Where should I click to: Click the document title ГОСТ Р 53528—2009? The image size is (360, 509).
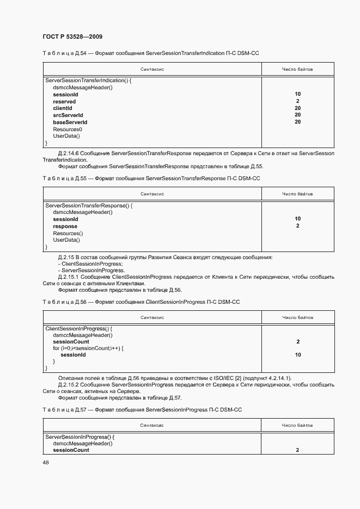pos(72,36)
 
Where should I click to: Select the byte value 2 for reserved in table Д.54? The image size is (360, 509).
pos(297,101)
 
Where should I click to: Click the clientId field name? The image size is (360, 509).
pos(63,108)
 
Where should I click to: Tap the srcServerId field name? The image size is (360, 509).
pos(68,115)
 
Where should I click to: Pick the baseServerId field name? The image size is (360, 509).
pos(70,122)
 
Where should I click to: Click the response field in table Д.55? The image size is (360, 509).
pos(65,226)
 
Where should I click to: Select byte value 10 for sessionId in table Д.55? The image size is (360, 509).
pos(297,219)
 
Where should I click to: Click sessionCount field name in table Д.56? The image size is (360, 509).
pos(71,342)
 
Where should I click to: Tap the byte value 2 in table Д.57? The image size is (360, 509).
pos(297,450)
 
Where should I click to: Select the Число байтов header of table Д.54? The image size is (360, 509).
pos(297,70)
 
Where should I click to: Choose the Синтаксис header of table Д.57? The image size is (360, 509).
pos(152,425)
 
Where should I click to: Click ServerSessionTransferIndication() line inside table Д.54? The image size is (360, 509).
pos(89,81)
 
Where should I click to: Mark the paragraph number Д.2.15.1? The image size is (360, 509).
pos(69,277)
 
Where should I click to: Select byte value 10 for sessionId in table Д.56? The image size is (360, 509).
pos(297,355)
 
